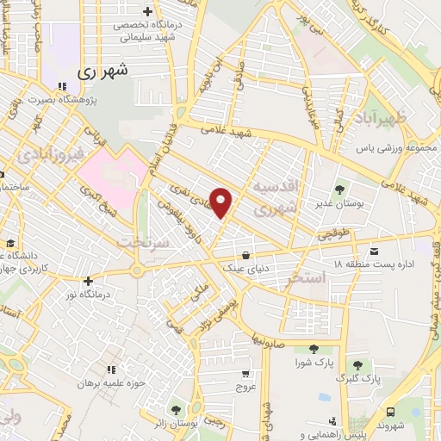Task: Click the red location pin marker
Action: [222, 202]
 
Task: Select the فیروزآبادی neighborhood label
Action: [48, 155]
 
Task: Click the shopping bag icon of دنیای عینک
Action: [247, 254]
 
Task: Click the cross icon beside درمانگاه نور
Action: [87, 280]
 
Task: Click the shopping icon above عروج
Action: [247, 373]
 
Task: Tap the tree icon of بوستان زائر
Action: [177, 407]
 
